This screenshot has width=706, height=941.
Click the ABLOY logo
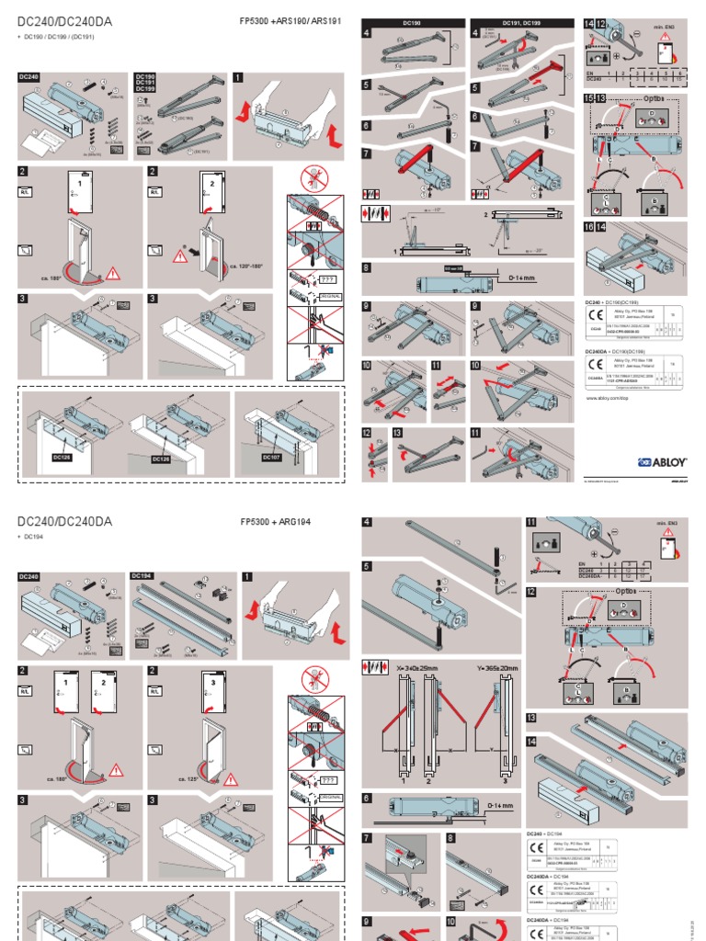[659, 462]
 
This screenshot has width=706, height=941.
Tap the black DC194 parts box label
[145, 576]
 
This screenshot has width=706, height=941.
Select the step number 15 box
[589, 97]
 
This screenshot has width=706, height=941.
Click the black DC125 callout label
[62, 457]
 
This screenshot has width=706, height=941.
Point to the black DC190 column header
[412, 19]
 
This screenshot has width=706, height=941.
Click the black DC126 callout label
[162, 457]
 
